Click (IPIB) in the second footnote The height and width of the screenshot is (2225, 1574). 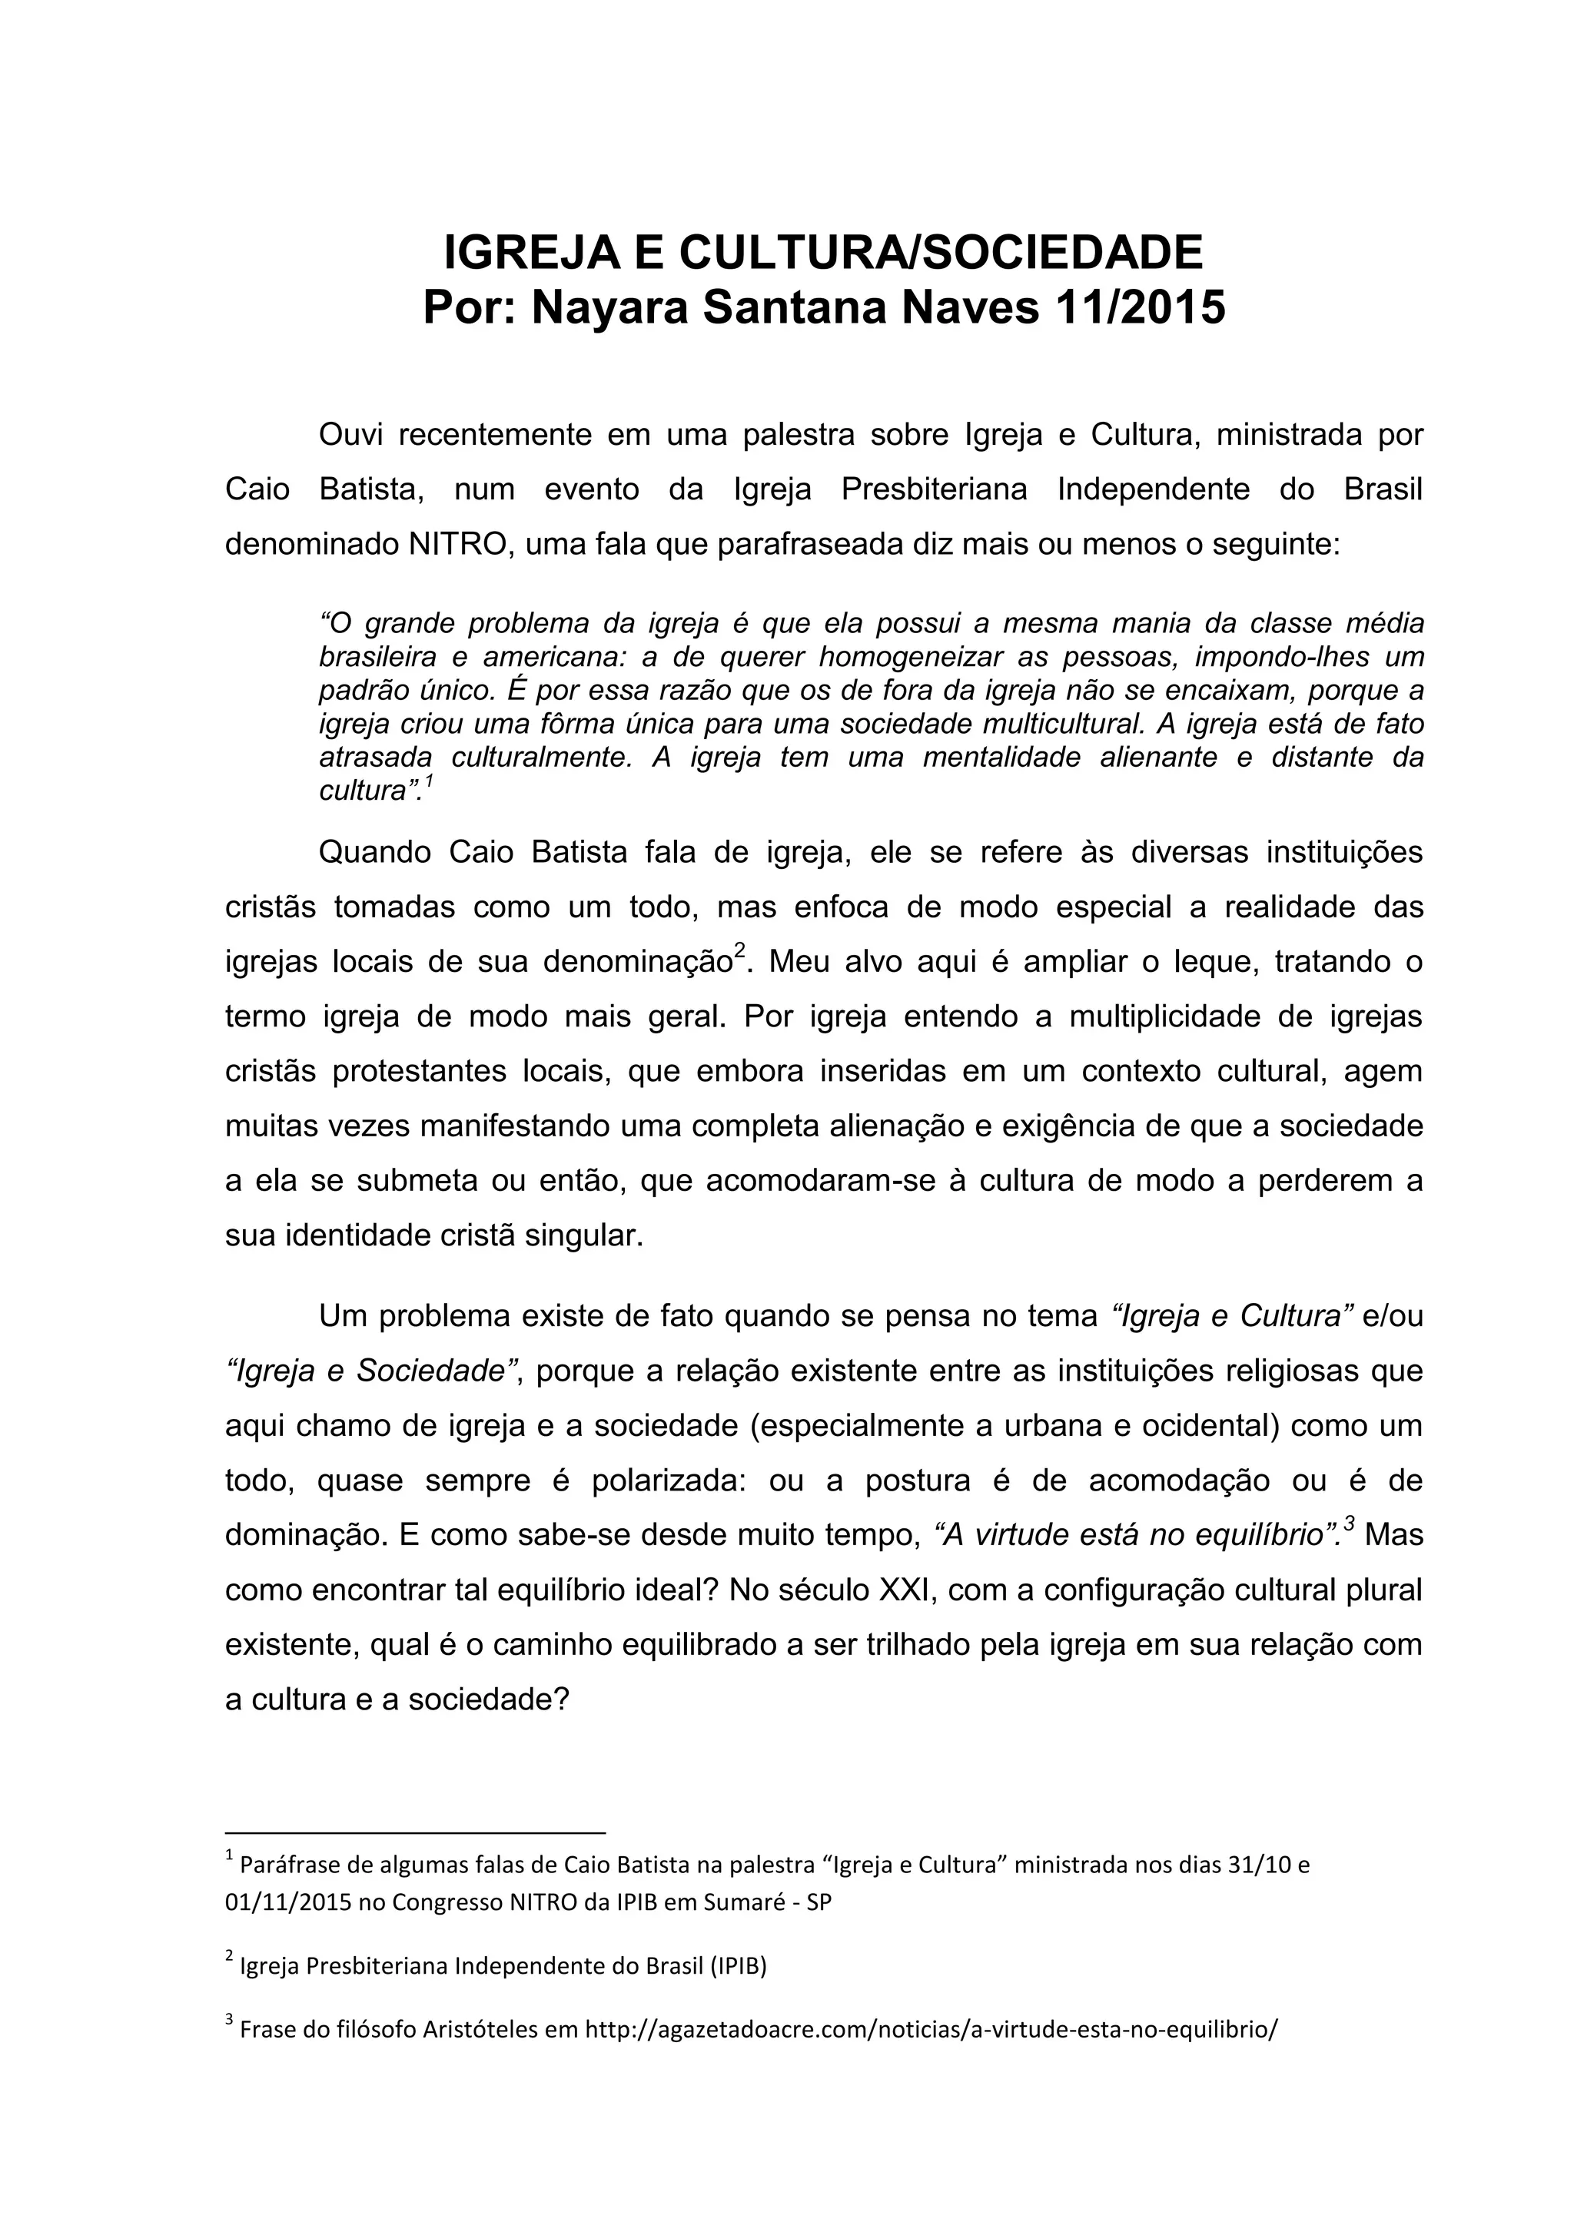click(739, 1966)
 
